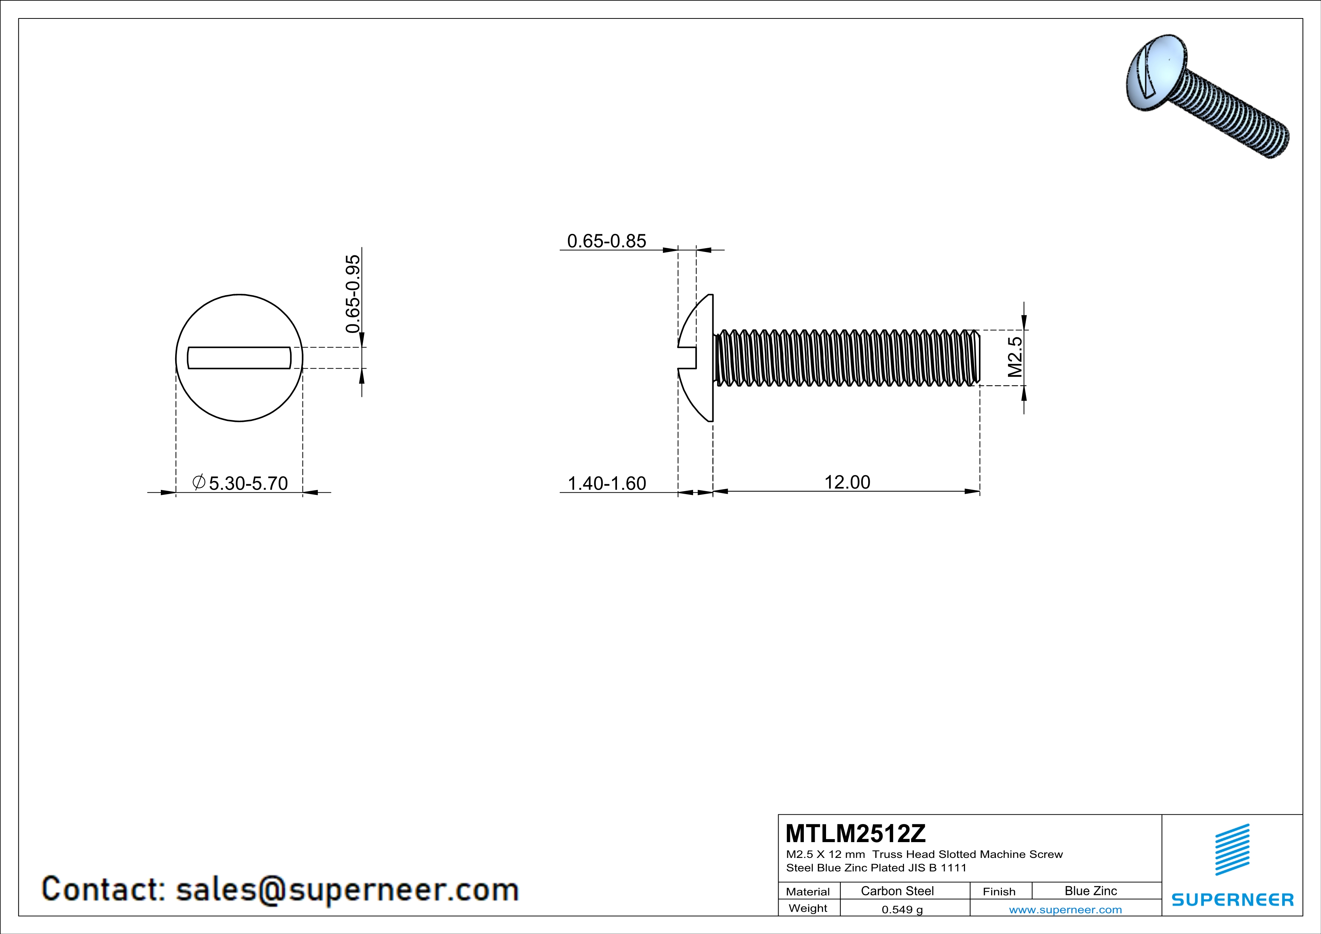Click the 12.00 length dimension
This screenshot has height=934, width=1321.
[x=847, y=482]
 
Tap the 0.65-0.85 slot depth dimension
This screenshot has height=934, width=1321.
[x=606, y=241]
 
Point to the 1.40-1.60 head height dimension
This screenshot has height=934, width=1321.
[x=606, y=483]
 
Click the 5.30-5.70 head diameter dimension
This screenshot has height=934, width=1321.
[x=247, y=483]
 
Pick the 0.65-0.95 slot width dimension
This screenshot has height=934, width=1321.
[x=353, y=294]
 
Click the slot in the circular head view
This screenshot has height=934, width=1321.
[x=239, y=358]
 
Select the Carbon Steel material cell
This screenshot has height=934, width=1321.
[x=897, y=891]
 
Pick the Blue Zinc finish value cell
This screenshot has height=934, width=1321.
[x=1090, y=891]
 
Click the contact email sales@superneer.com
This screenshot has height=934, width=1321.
[x=347, y=889]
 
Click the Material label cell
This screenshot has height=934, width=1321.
[x=808, y=891]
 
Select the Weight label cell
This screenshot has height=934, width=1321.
[x=808, y=908]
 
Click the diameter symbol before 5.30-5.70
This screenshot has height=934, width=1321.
[x=199, y=482]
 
